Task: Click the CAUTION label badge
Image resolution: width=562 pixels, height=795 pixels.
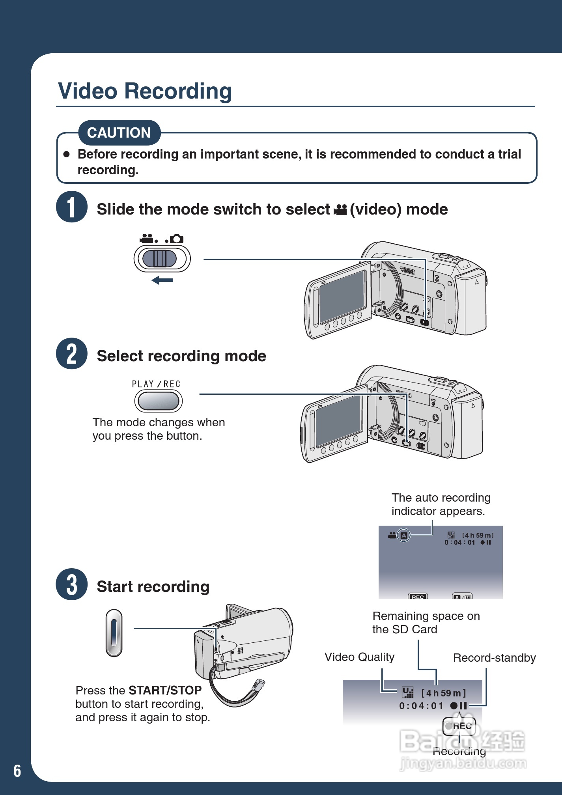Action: (119, 133)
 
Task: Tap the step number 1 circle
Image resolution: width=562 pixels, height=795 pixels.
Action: (71, 207)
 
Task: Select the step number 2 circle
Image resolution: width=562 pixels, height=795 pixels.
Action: (71, 354)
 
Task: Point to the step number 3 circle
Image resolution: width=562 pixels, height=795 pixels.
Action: (71, 584)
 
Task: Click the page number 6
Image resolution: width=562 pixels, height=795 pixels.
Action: (17, 771)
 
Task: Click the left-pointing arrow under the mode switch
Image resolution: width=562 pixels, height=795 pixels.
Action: (162, 280)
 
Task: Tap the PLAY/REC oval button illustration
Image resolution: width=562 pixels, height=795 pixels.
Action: (159, 402)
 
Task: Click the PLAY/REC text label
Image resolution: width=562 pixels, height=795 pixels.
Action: (156, 384)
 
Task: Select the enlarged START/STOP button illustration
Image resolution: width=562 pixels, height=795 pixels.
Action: (114, 633)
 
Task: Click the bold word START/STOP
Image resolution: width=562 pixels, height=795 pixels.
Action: (165, 690)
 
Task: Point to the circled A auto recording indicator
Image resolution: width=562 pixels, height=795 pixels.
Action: (403, 535)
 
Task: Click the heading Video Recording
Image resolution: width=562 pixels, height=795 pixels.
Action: (145, 91)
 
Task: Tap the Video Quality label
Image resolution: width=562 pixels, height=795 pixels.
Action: (359, 657)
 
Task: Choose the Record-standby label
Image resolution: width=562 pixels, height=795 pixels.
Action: (494, 658)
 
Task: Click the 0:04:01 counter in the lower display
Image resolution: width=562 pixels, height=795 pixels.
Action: (421, 706)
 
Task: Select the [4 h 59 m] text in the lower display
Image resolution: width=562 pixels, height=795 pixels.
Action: (444, 693)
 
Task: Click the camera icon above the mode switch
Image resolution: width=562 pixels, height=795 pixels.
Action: (176, 239)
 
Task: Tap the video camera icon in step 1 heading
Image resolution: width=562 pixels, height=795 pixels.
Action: (340, 210)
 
